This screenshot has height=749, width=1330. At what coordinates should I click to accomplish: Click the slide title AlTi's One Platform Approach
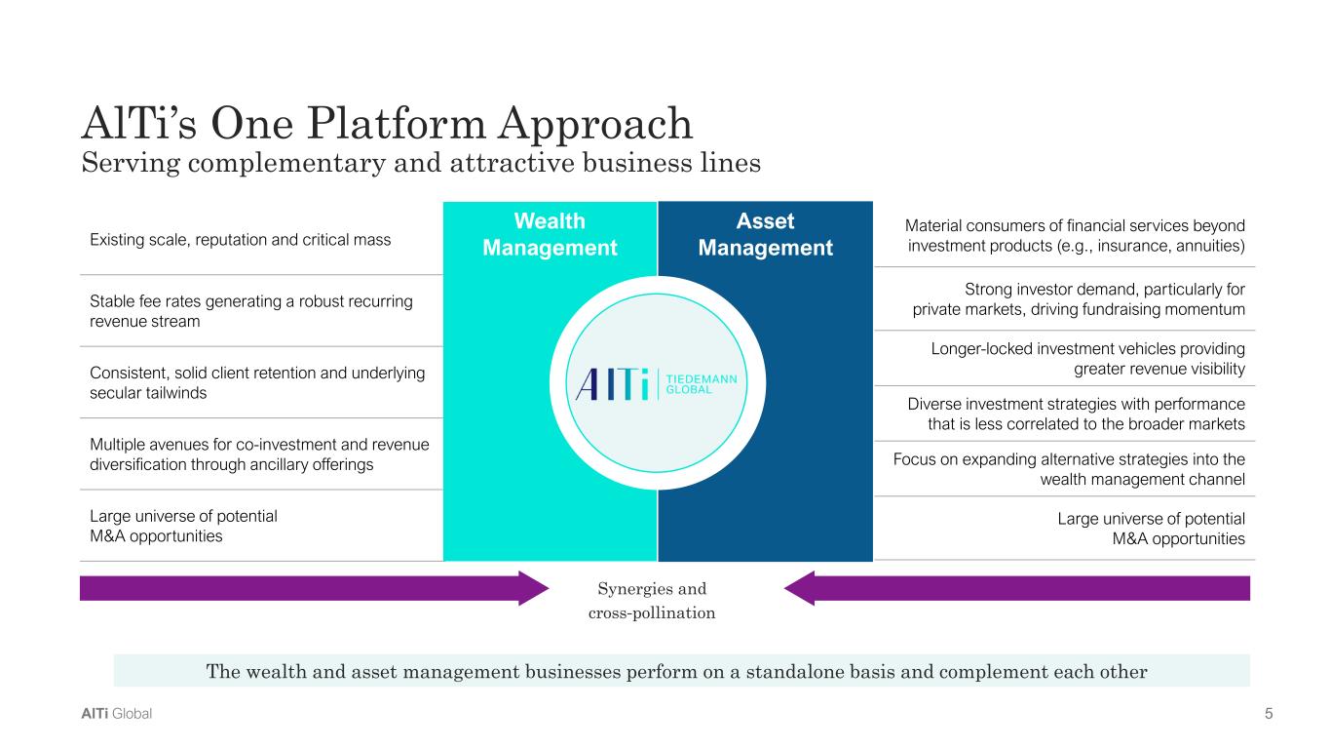tap(386, 125)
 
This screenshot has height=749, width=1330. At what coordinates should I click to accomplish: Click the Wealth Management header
tap(550, 234)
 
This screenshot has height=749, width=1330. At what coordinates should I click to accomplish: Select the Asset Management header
tap(765, 234)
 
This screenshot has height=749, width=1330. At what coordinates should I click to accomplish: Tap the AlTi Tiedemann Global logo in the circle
tap(658, 383)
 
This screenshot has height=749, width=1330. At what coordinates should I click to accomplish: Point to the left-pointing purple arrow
tap(1016, 588)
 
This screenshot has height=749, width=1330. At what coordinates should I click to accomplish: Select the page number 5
tap(1269, 714)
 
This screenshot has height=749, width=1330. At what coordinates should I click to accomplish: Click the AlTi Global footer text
tap(116, 714)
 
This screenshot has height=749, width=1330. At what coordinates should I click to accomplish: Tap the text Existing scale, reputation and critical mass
tap(240, 239)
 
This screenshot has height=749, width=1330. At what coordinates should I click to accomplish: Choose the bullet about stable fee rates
tap(251, 311)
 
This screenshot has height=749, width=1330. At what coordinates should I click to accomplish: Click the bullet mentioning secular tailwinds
tap(257, 382)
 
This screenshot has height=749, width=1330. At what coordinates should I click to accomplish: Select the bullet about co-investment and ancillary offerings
tap(259, 454)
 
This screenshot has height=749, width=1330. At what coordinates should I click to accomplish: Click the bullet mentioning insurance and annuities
tap(1076, 235)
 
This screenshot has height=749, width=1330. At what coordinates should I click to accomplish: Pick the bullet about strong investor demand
tap(1079, 299)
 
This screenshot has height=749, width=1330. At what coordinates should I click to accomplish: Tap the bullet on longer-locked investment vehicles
tap(1087, 358)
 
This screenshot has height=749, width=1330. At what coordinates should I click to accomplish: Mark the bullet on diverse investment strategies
tap(1076, 414)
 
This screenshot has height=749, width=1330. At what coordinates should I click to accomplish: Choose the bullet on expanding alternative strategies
tap(1069, 469)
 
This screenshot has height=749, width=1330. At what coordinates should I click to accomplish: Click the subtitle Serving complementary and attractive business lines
tap(420, 163)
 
